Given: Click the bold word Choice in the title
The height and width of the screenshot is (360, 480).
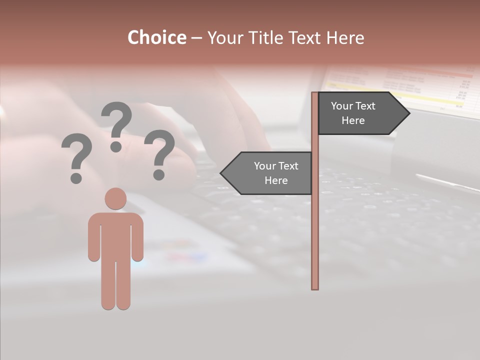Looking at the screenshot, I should pyautogui.click(x=156, y=37).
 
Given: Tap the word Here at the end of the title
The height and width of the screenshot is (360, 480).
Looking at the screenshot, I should pyautogui.click(x=345, y=37).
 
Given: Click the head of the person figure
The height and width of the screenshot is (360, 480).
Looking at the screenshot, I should pyautogui.click(x=115, y=198).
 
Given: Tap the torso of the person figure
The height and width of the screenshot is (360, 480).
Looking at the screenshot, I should pyautogui.click(x=115, y=235).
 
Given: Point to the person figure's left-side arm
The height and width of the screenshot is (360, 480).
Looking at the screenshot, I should pyautogui.click(x=94, y=237).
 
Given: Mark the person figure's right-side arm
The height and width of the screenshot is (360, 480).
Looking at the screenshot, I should pyautogui.click(x=137, y=237).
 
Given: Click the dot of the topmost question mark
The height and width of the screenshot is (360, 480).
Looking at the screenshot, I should pyautogui.click(x=116, y=146).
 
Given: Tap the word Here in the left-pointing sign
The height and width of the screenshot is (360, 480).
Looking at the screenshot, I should pyautogui.click(x=276, y=180).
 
